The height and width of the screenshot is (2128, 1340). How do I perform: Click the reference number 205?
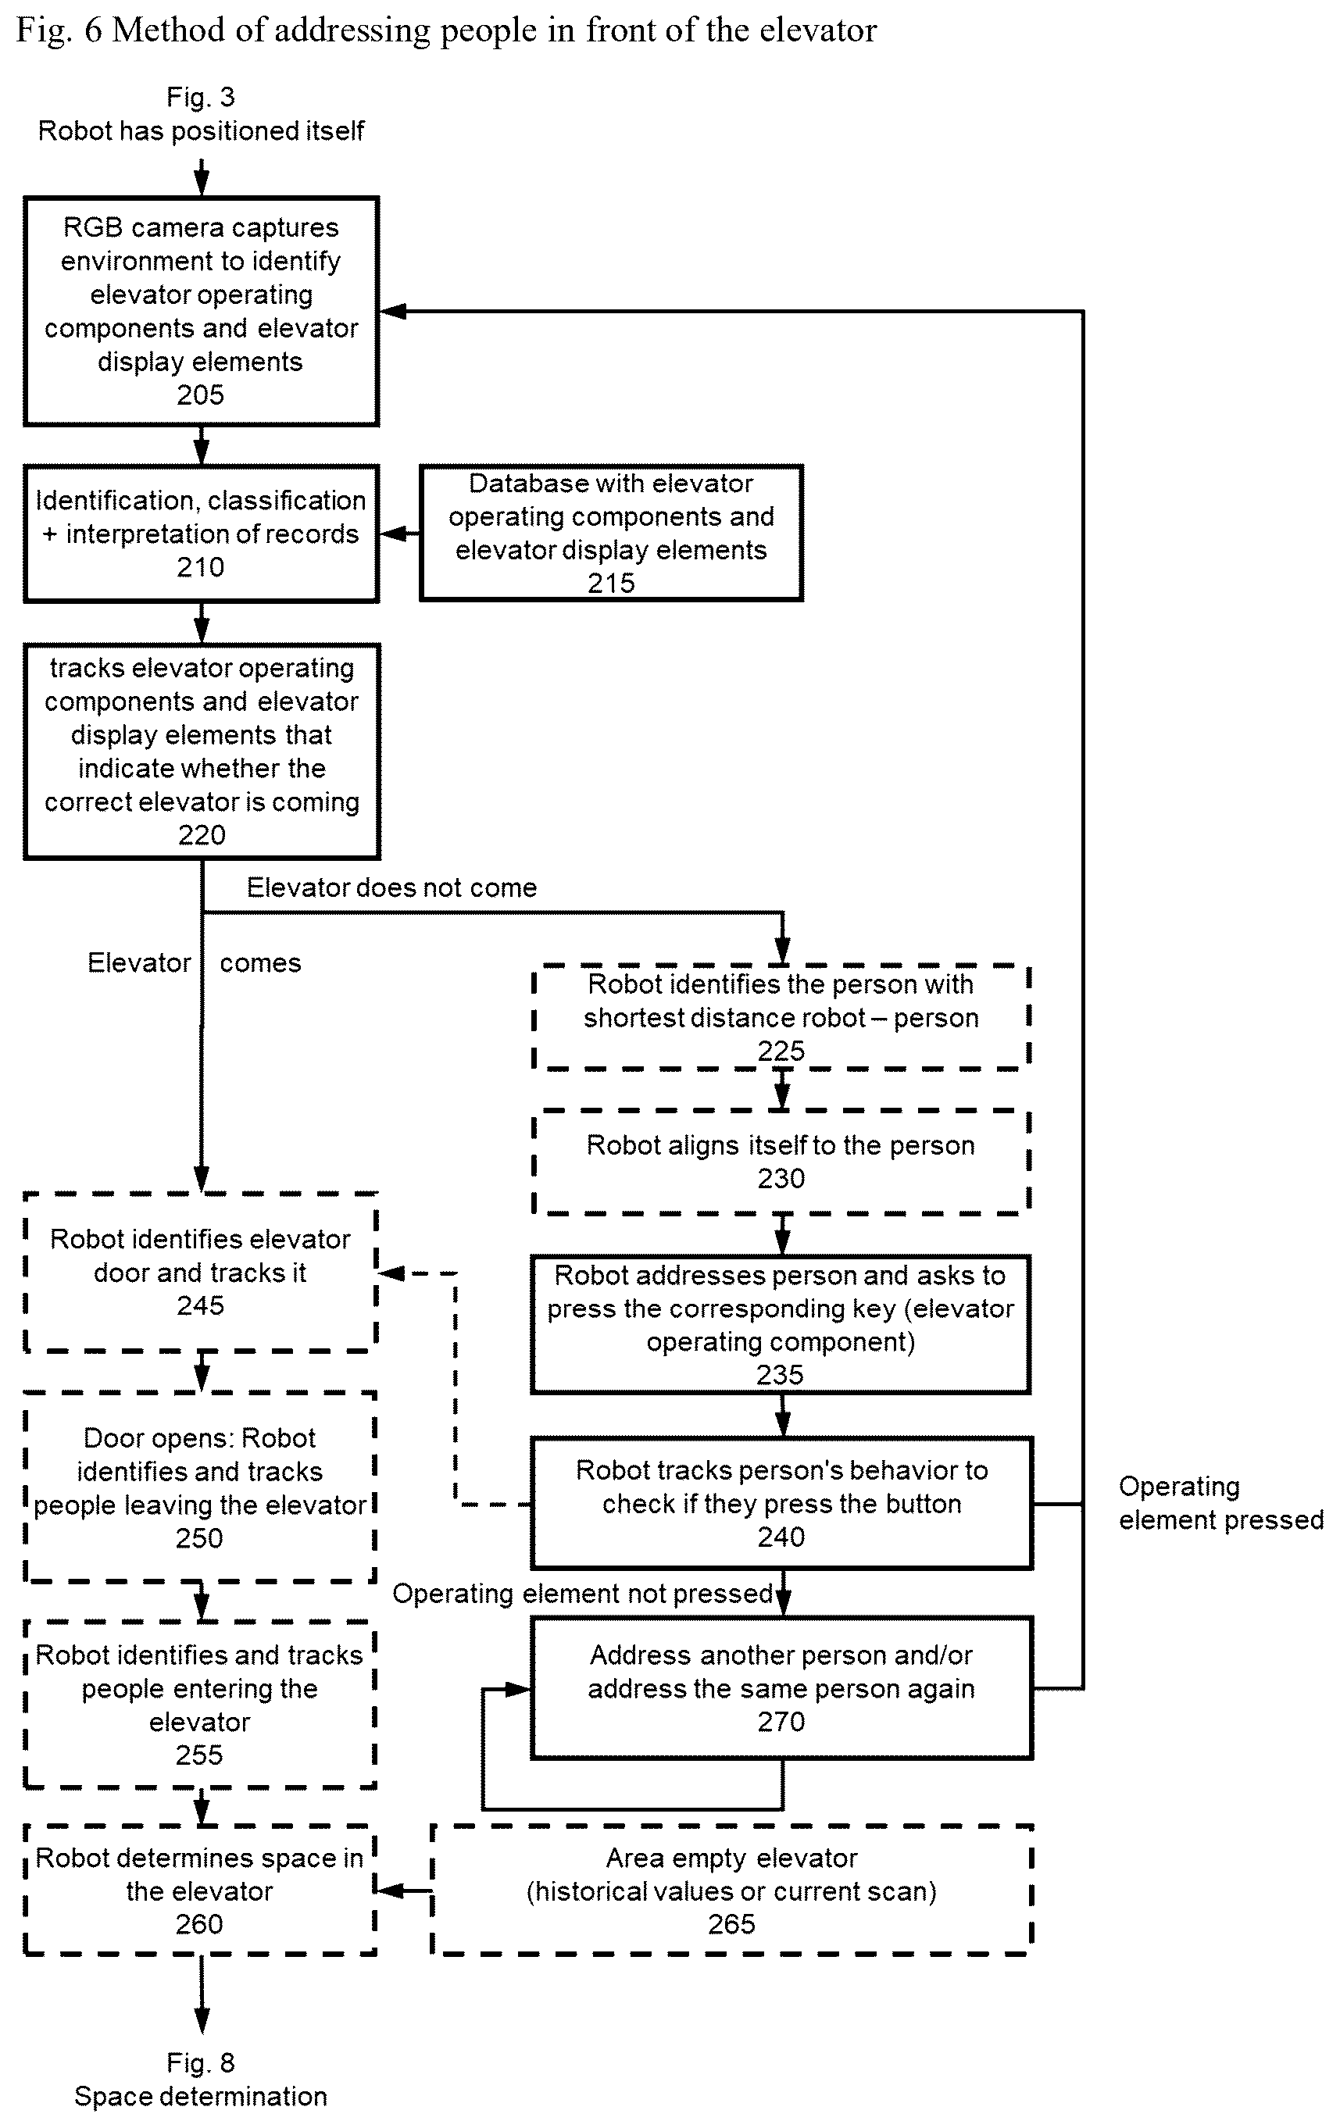(201, 395)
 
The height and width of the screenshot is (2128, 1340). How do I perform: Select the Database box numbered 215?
(611, 533)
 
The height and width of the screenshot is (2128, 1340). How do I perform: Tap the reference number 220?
(202, 835)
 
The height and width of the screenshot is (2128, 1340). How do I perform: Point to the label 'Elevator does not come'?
(391, 887)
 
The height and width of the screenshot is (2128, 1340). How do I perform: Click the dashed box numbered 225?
(781, 1017)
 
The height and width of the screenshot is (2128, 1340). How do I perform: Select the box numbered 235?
(781, 1325)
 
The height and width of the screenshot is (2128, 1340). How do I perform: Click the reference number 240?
(781, 1537)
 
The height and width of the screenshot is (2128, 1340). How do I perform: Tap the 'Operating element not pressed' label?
(583, 1594)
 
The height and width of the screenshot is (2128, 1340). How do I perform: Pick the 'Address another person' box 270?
(781, 1688)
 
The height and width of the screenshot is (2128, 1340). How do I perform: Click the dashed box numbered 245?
(201, 1273)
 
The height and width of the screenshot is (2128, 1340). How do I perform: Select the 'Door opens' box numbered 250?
(201, 1487)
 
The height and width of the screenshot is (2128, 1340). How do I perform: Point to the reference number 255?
(200, 1755)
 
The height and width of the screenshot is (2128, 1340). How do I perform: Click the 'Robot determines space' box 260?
(201, 1891)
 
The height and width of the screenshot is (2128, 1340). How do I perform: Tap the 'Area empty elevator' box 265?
(732, 1891)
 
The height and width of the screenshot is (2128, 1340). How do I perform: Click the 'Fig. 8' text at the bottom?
(201, 2062)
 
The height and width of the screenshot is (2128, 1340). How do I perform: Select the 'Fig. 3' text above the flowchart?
(201, 96)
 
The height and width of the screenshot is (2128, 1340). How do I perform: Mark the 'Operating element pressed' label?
(1220, 1503)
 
